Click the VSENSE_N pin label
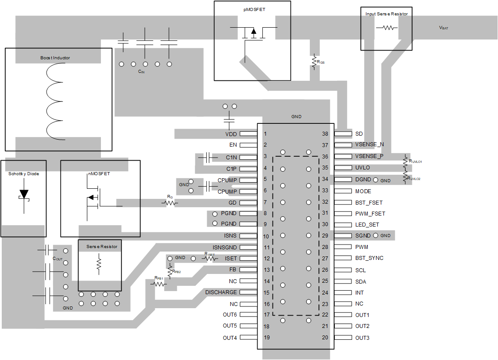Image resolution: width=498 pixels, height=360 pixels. pos(369,144)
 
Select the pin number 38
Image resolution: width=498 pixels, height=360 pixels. pos(325,133)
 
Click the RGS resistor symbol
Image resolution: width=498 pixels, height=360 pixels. pos(314,62)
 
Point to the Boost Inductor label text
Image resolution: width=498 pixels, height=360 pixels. pos(55,58)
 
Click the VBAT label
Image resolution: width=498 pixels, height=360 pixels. pos(444,28)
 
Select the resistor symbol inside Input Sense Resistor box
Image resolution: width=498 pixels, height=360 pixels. pos(387,27)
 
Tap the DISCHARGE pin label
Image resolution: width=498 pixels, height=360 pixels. pos(221,292)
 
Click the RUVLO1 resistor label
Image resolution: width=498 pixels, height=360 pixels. pos(416,162)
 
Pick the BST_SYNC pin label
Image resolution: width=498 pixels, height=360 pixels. pos(369,258)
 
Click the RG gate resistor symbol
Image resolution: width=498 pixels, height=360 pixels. pos(169,203)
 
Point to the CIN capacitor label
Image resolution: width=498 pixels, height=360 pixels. pos(141,71)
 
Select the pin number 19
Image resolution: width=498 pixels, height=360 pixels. pos(266,338)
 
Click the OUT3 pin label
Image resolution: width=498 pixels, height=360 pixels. pos(362,338)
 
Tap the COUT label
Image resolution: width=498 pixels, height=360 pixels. pos(57,259)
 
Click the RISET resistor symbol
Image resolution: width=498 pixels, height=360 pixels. pos(210,259)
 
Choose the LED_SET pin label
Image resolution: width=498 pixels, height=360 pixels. pos(367,224)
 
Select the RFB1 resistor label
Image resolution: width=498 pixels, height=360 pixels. pos(158,278)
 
